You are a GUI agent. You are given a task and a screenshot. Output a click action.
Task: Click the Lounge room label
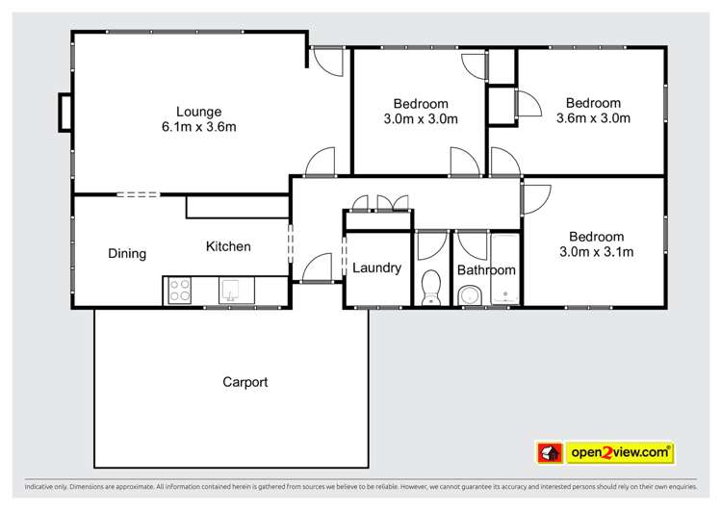(x=198, y=111)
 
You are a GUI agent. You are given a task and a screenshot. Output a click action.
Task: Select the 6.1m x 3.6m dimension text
(x=198, y=127)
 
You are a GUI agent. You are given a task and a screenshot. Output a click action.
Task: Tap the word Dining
(x=127, y=254)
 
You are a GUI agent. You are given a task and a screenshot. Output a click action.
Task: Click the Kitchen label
(x=228, y=247)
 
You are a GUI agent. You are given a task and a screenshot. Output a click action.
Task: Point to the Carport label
(x=245, y=382)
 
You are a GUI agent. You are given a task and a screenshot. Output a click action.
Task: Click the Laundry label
(x=376, y=268)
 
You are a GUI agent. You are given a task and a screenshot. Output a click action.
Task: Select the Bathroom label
(x=486, y=270)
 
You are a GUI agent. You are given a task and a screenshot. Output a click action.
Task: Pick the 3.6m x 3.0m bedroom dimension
(x=593, y=119)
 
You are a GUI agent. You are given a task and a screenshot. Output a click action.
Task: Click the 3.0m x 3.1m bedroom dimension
(x=596, y=253)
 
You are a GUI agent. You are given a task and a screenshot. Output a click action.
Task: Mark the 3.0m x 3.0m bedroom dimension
(x=421, y=120)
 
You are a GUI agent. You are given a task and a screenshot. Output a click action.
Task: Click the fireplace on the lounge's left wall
(x=64, y=112)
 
